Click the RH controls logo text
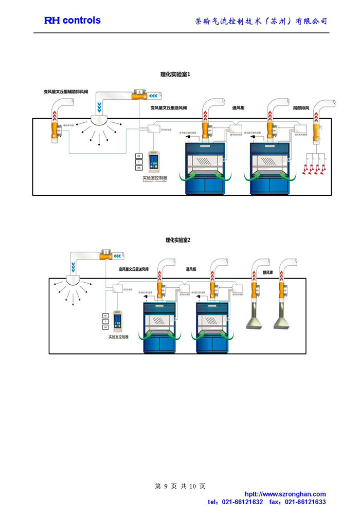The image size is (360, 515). (73, 21)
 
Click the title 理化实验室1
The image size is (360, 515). (175, 75)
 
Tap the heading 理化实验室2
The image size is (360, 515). (178, 240)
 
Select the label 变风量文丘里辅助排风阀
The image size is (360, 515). (66, 92)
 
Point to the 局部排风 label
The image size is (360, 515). (301, 108)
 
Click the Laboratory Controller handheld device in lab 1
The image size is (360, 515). (153, 161)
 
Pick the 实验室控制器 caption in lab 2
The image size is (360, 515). (118, 337)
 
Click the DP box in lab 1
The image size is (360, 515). (138, 156)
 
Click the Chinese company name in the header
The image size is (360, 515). (261, 21)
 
